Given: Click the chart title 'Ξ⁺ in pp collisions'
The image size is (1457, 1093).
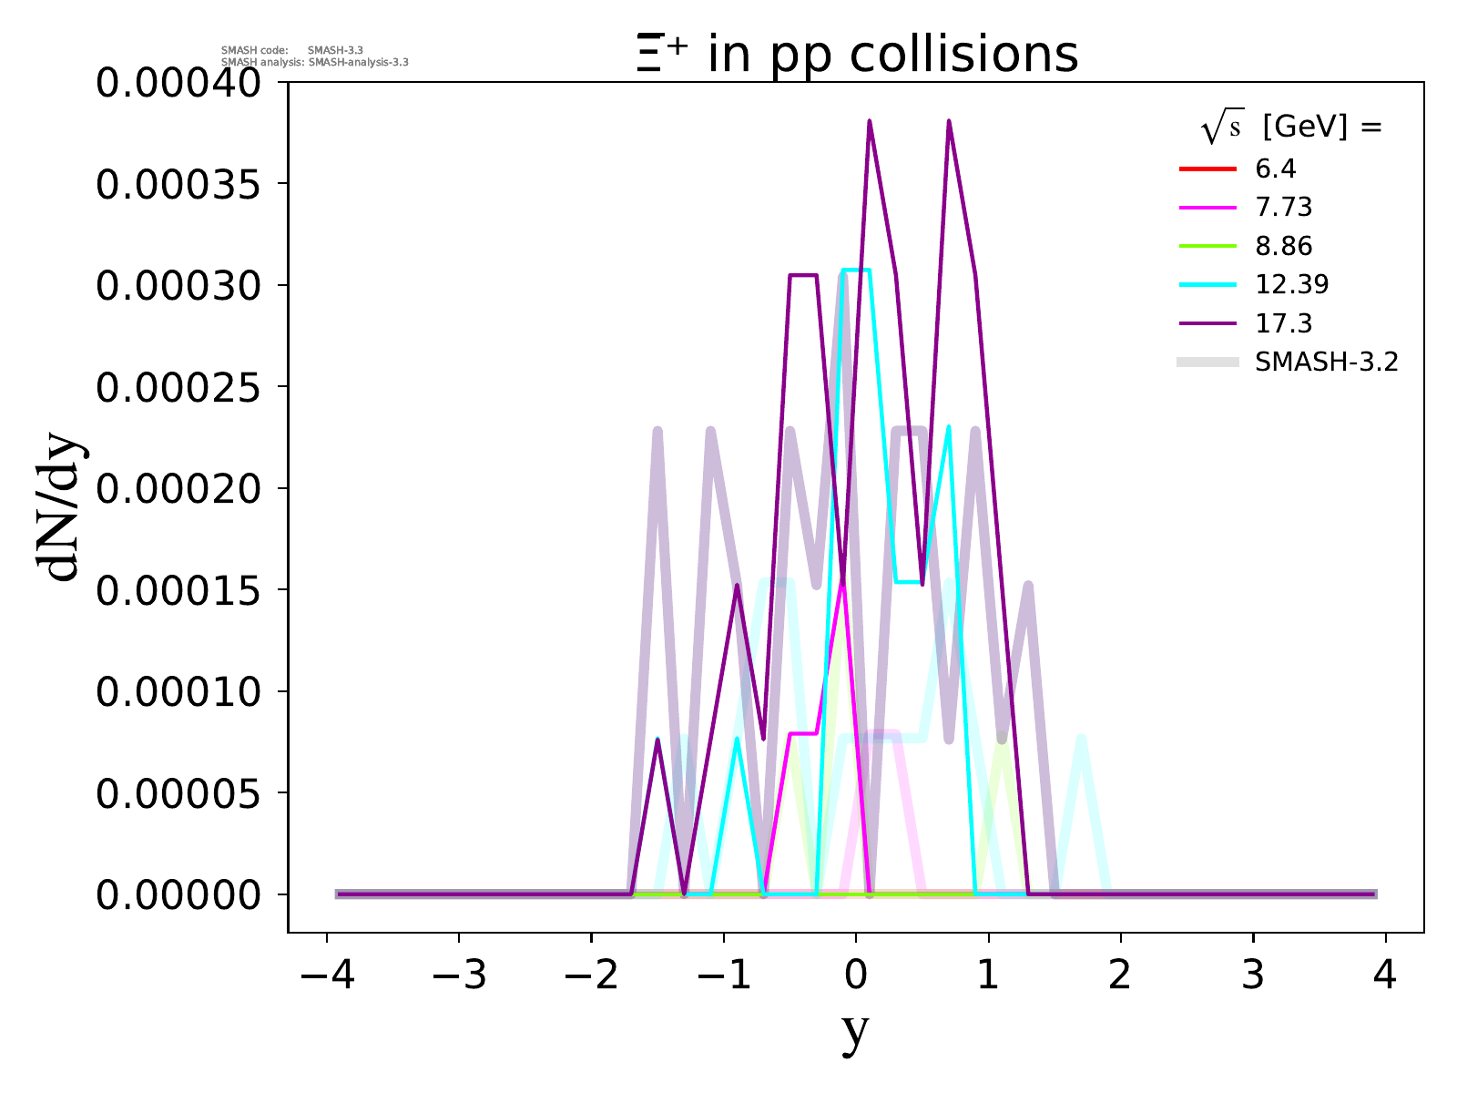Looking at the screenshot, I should click(857, 55).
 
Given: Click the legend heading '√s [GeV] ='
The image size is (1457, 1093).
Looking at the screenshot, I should click(1291, 128).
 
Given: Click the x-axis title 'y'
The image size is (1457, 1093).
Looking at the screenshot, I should click(855, 1029).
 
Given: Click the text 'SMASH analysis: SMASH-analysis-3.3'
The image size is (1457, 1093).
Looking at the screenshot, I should click(315, 63).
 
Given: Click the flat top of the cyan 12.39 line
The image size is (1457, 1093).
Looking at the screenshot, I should click(856, 270).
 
